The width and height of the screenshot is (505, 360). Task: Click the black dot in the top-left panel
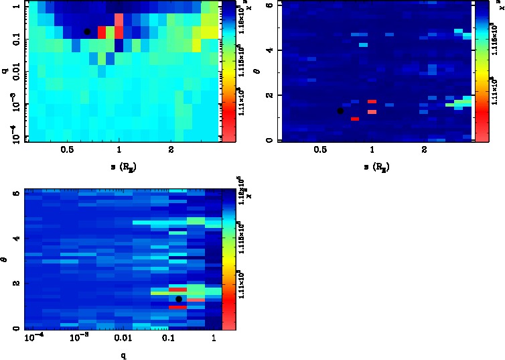click(86, 32)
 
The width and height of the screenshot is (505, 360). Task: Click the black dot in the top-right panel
click(340, 111)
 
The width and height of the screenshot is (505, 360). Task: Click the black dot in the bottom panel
click(179, 299)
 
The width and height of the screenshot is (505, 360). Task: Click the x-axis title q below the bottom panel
click(125, 355)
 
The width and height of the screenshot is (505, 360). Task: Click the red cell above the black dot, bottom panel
click(177, 289)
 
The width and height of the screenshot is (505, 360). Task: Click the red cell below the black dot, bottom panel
click(177, 307)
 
